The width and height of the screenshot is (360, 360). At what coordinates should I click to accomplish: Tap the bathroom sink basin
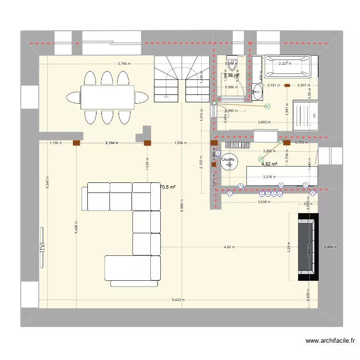point(258,90)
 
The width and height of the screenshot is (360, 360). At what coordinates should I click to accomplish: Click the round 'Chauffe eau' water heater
point(229,162)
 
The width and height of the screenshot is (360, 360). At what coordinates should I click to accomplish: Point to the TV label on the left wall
point(42,248)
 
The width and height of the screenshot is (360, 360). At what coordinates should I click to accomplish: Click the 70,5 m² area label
point(168,187)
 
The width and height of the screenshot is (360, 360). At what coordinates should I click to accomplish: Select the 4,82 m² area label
point(269,164)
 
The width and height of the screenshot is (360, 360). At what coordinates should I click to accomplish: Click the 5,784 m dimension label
point(125,63)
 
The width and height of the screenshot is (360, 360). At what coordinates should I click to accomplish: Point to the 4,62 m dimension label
point(229,247)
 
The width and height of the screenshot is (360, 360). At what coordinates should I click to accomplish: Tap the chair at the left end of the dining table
point(73,97)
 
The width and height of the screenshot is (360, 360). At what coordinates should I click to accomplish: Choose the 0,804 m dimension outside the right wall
point(331,247)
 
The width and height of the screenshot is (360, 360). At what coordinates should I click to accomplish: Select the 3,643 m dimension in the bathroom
point(264,122)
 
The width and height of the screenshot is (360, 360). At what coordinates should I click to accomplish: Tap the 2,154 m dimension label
point(111,143)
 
